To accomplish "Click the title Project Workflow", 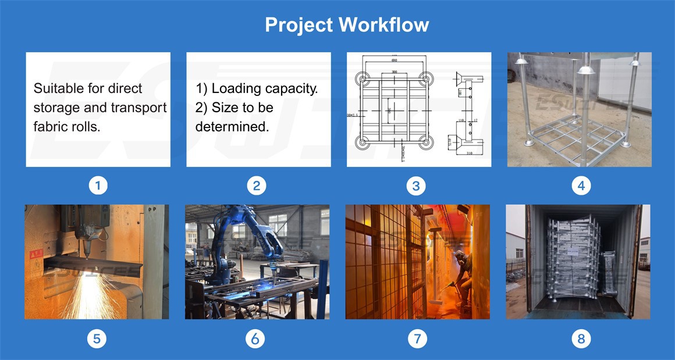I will (347, 24).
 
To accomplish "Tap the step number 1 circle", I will (98, 186).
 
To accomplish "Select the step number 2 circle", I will (256, 186).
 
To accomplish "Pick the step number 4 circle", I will (581, 186).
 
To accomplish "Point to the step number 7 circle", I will (417, 338).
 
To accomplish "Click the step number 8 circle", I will (581, 338).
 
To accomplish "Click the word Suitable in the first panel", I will (56, 89).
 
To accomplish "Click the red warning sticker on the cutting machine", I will (36, 254).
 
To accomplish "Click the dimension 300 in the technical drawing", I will (395, 72).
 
